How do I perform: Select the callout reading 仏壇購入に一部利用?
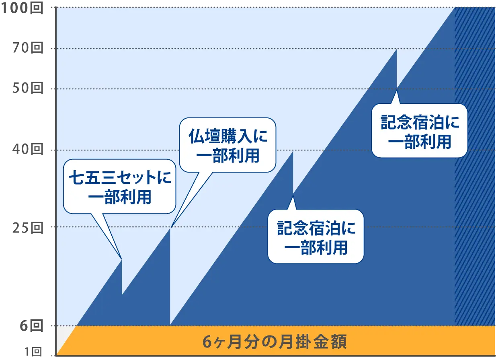click(228, 145)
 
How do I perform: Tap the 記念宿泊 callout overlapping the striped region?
click(419, 130)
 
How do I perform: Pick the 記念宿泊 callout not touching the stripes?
click(316, 236)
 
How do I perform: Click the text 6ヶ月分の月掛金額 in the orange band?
click(275, 343)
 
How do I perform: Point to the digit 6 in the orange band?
click(207, 343)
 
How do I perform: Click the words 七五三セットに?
click(120, 178)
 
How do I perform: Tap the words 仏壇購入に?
click(228, 137)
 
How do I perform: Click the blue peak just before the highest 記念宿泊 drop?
click(397, 50)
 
